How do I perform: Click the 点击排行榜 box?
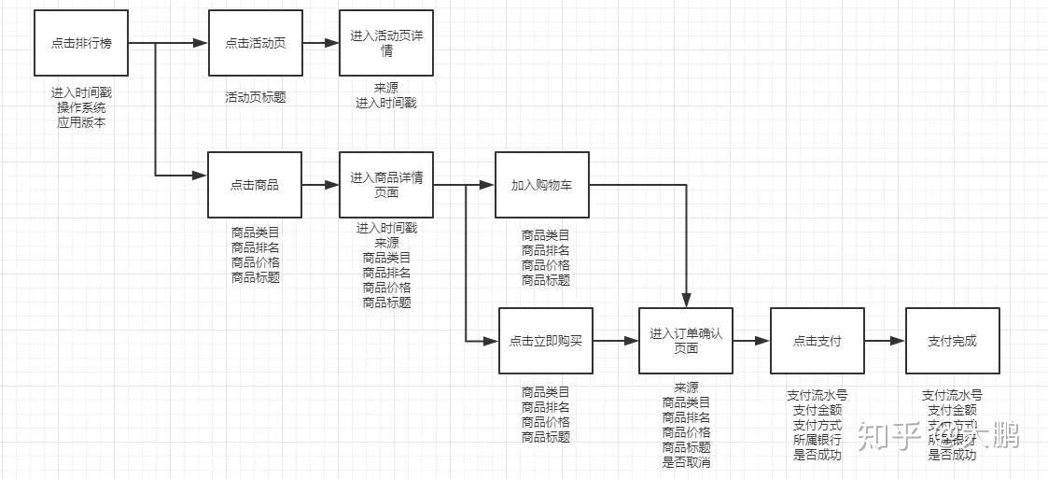80,43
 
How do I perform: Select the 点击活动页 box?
255,43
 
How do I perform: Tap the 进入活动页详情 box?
385,43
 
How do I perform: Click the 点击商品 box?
255,185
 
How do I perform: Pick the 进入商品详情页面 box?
385,185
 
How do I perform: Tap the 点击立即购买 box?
545,341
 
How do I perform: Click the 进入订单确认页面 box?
685,341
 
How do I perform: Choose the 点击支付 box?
817,341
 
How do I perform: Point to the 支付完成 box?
952,341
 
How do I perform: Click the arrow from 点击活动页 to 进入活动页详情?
320,43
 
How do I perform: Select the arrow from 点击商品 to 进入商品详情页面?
320,185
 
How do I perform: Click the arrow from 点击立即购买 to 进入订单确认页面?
615,341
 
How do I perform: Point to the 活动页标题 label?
255,96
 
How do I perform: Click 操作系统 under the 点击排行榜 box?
80,107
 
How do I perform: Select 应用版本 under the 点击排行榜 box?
80,121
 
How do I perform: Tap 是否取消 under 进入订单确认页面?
686,461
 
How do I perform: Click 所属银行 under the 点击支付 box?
817,440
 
